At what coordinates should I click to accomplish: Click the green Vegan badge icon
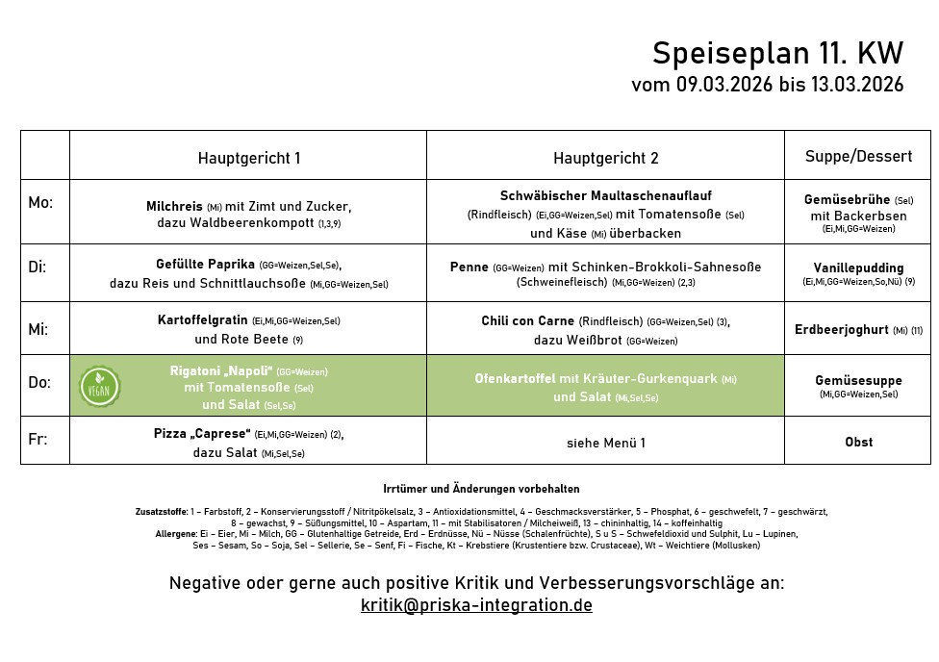(99, 387)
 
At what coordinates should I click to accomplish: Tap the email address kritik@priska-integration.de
(476, 605)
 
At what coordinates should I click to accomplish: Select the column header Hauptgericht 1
(249, 158)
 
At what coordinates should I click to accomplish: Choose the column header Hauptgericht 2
(606, 158)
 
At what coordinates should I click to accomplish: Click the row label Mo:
(40, 203)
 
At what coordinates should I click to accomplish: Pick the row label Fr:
(38, 441)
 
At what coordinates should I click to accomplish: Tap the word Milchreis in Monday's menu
(174, 207)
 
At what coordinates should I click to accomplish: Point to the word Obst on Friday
(858, 442)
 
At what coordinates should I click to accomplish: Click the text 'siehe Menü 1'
(606, 443)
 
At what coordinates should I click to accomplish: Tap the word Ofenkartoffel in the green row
(516, 379)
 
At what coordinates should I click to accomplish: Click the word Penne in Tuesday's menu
(469, 267)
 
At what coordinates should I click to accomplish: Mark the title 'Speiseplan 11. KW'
(777, 53)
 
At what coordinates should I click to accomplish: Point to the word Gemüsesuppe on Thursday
(858, 380)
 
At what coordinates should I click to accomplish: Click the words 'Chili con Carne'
(528, 320)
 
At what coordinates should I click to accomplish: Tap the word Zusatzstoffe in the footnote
(162, 513)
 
